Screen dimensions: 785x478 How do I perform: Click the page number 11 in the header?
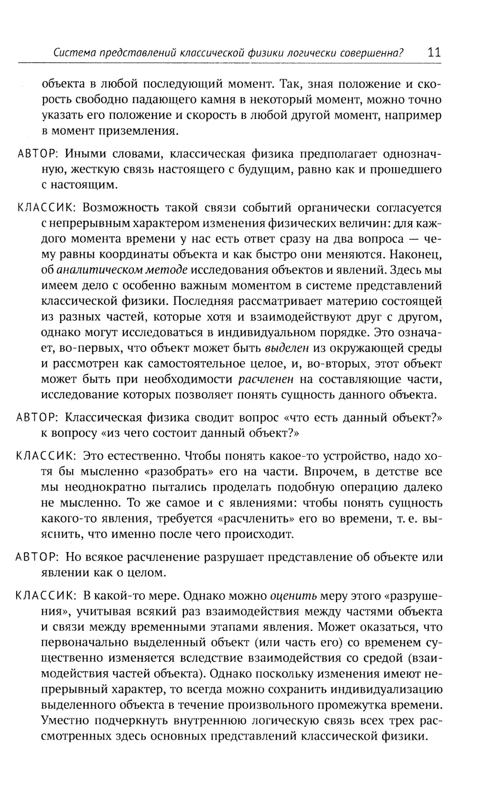(434, 52)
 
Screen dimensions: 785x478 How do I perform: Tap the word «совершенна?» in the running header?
(371, 53)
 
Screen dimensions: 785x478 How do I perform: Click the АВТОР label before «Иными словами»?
(37, 154)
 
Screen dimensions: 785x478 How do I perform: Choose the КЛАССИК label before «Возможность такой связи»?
(44, 208)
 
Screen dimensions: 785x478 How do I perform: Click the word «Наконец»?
(416, 254)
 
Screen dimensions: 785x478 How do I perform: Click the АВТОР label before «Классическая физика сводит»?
(37, 418)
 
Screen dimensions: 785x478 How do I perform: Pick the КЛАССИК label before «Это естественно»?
(44, 455)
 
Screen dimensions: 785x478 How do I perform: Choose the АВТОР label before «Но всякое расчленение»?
(37, 557)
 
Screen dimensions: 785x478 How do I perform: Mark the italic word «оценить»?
(293, 596)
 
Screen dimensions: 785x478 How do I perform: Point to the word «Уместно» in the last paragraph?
(64, 721)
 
